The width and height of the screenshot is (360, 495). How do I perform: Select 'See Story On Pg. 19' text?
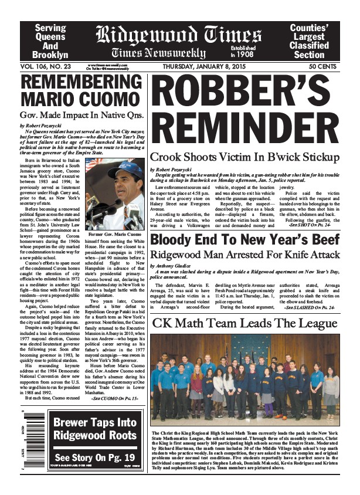click(x=94, y=457)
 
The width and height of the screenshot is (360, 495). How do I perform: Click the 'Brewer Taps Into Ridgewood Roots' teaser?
click(x=94, y=429)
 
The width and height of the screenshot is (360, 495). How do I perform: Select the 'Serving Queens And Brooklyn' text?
click(x=50, y=40)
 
